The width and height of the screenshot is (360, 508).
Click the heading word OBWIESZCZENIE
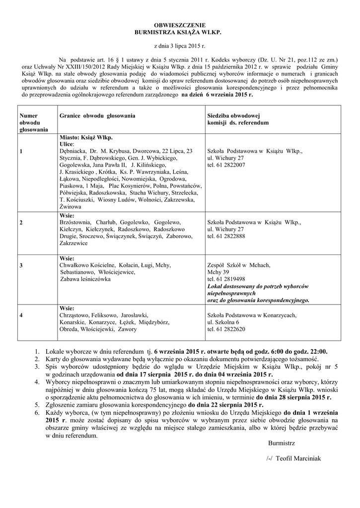coord(180,24)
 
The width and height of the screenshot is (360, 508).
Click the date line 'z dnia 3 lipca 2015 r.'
coord(180,45)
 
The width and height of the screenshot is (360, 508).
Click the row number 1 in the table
coord(21,151)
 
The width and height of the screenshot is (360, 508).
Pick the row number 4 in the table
coord(21,315)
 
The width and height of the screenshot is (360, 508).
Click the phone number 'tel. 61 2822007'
coord(226,165)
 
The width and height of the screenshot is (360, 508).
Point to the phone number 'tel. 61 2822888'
coord(226,237)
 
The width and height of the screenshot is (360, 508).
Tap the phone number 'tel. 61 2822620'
coord(226,329)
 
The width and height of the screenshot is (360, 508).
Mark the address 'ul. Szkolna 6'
coord(223,322)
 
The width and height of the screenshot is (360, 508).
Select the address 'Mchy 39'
coord(218,272)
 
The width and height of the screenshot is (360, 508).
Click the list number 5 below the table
coord(37,404)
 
